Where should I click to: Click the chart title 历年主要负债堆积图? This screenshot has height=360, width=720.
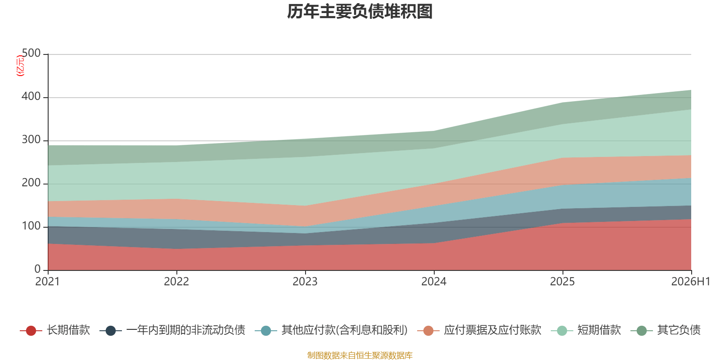tap(360, 12)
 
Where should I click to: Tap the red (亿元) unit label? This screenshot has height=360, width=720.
tap(20, 66)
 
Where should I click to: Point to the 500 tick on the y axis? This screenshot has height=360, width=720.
tap(31, 53)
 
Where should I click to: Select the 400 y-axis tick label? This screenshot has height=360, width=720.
tap(31, 96)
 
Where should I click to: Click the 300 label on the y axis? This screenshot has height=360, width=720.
tap(31, 139)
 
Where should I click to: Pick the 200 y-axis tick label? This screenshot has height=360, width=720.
tap(31, 183)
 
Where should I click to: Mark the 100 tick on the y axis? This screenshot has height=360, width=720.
tap(31, 226)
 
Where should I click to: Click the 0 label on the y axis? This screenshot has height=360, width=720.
tap(38, 269)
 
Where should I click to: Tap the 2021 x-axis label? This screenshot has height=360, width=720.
tap(48, 282)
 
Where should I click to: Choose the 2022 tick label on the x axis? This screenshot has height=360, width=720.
tap(176, 282)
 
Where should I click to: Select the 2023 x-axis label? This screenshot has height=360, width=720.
tap(305, 282)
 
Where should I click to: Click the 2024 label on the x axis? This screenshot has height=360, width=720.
tap(434, 282)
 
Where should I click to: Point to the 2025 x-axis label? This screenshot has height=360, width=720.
tap(562, 282)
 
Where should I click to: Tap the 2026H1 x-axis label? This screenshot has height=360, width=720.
tap(691, 282)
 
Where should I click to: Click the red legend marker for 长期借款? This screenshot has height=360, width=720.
tap(31, 330)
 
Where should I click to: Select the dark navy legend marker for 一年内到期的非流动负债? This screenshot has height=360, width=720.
tap(111, 330)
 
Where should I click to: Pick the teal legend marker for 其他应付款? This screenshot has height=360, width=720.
tap(266, 330)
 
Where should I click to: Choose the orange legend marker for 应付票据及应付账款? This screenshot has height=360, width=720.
tap(428, 330)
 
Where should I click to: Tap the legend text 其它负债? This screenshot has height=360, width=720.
tap(679, 330)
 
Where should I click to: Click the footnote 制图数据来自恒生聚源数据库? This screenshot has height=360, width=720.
tap(360, 355)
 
